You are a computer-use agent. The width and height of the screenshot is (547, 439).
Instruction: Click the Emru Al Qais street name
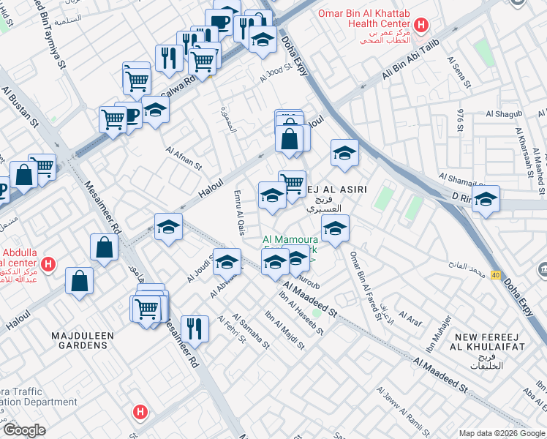click(x=238, y=213)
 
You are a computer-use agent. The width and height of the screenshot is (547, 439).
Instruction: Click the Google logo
click(x=24, y=429)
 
